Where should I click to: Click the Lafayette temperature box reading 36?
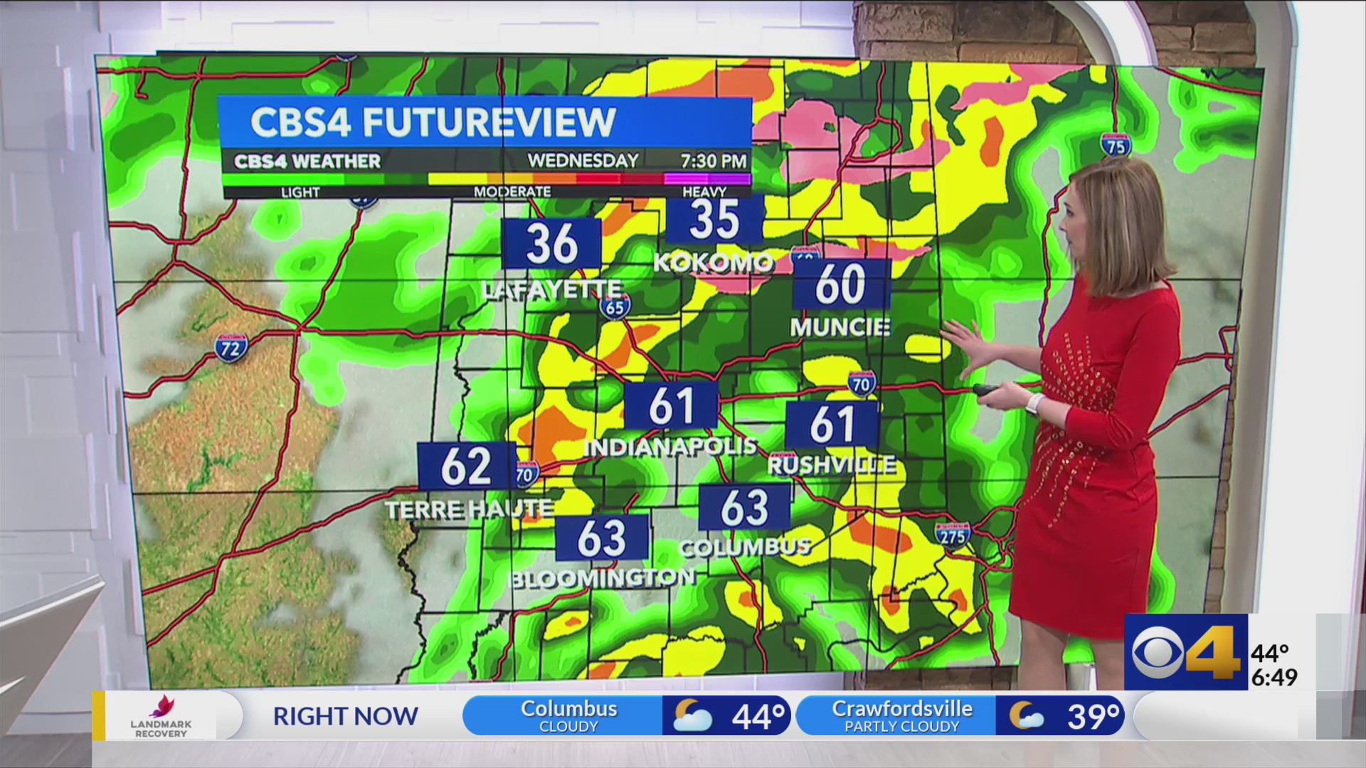click(x=551, y=243)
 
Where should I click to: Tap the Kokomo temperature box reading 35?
click(x=714, y=220)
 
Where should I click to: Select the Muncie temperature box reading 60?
click(x=841, y=284)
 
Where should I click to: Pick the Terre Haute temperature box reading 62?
click(x=466, y=466)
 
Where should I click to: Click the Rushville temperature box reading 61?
click(x=832, y=424)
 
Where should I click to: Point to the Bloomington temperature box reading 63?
click(x=602, y=538)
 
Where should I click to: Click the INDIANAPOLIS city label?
click(x=669, y=447)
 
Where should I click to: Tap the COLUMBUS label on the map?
click(x=744, y=547)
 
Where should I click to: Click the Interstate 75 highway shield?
click(x=1115, y=144)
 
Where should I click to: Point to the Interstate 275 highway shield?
click(x=952, y=534)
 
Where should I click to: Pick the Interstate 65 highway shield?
click(x=614, y=306)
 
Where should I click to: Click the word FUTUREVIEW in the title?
click(x=489, y=122)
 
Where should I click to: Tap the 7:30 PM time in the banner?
click(x=714, y=161)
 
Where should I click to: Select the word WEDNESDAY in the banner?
click(x=583, y=161)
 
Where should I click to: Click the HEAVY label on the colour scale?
click(x=704, y=191)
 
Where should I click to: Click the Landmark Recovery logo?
click(x=161, y=715)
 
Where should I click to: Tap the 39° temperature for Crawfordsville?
click(x=1092, y=716)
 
